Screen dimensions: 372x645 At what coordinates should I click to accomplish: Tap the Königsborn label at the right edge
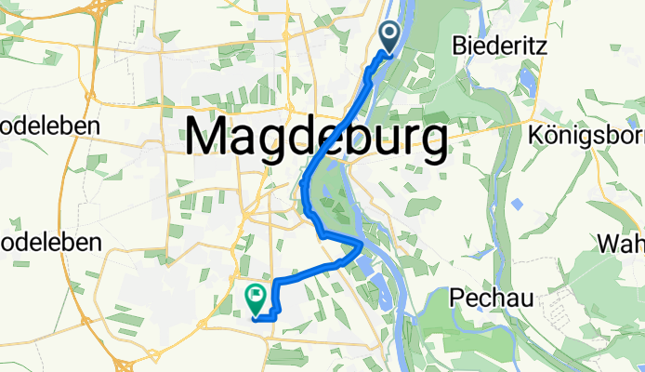(x=585, y=136)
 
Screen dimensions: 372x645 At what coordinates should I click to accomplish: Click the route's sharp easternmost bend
(x=361, y=246)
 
